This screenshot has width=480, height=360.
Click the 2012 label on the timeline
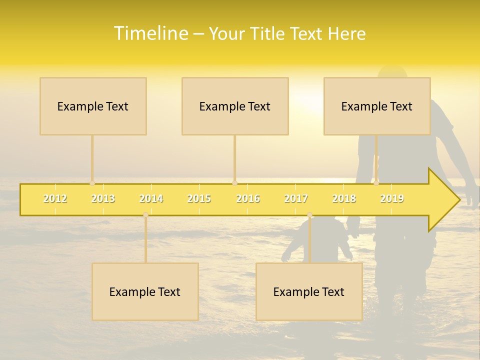[55, 199]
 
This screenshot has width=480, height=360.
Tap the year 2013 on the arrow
[103, 199]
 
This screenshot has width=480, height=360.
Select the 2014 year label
[151, 199]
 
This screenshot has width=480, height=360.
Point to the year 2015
[199, 199]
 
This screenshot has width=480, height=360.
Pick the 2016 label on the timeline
[248, 199]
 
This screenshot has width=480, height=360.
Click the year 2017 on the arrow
[296, 199]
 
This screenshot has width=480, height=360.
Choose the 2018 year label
[344, 199]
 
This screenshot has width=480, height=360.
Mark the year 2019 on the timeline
[392, 199]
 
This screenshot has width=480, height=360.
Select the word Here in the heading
[346, 34]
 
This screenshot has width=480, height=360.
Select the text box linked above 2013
[93, 106]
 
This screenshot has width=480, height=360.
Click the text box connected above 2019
[377, 106]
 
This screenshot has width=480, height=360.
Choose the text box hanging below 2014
[145, 291]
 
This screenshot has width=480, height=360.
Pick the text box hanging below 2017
[309, 291]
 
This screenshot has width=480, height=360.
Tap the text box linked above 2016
[235, 106]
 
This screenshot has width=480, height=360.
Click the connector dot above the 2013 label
[92, 183]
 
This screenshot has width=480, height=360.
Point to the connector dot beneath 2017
[309, 215]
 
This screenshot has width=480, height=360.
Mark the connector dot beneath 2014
[145, 215]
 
